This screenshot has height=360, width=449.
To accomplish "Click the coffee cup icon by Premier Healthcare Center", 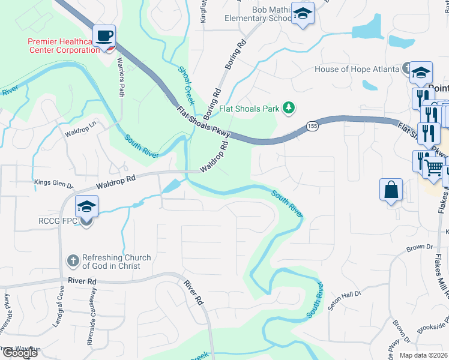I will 104,35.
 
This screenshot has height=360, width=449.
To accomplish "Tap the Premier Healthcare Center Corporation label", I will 64,46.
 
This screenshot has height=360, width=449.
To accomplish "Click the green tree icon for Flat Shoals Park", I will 289,108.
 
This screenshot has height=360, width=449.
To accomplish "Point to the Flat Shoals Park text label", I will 249,109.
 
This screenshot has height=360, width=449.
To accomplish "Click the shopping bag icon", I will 391,189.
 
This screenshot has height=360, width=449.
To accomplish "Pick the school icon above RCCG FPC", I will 86,208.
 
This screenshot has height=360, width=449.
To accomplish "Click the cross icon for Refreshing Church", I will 71,261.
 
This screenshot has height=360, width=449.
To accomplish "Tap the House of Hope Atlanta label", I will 357,69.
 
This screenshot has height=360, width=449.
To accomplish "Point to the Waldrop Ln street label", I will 80,131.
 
